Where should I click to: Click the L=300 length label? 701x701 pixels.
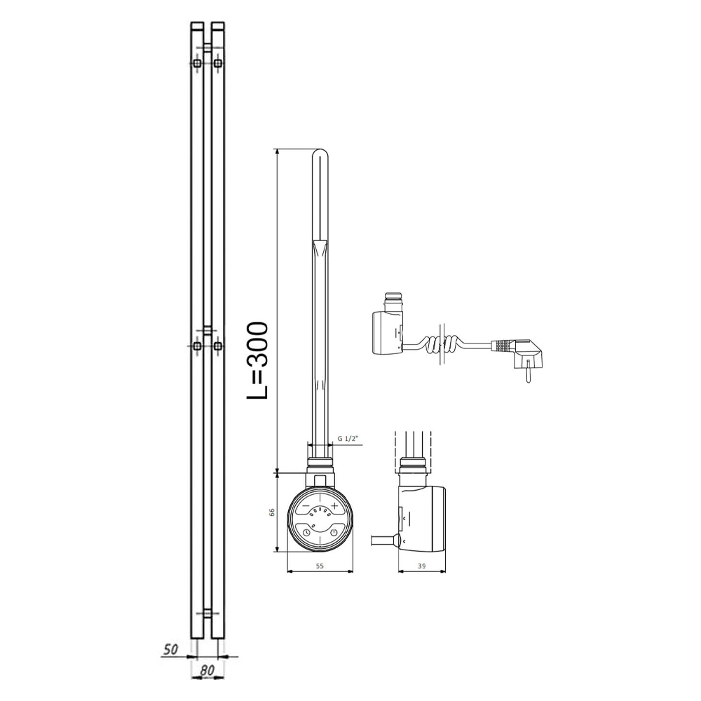click(x=258, y=360)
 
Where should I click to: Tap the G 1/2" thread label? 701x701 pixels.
click(x=348, y=439)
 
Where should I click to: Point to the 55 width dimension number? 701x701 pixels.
click(x=320, y=566)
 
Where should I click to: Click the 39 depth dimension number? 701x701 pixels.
click(x=421, y=566)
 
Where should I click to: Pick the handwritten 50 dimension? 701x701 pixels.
click(x=170, y=649)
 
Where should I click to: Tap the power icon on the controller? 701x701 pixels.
click(x=334, y=532)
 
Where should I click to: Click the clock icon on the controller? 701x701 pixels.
click(x=306, y=532)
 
